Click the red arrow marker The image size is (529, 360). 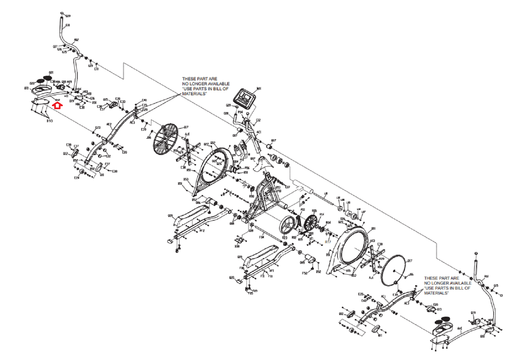[58, 106]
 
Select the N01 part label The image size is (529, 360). [259, 89]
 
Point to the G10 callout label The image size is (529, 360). [68, 25]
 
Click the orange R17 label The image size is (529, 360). [328, 242]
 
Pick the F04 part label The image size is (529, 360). [262, 237]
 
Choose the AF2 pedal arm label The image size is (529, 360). [202, 231]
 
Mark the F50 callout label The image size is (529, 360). [305, 273]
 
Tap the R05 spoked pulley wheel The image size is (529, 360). [310, 223]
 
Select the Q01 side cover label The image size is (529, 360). [373, 229]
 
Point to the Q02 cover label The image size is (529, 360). [213, 143]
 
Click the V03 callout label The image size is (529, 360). [372, 241]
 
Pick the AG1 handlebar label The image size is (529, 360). [486, 276]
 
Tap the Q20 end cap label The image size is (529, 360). [232, 278]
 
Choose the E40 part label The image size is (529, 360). [144, 100]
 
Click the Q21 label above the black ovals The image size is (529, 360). [51, 72]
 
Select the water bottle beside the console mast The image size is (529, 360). [237, 149]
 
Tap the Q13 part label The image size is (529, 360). [439, 309]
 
